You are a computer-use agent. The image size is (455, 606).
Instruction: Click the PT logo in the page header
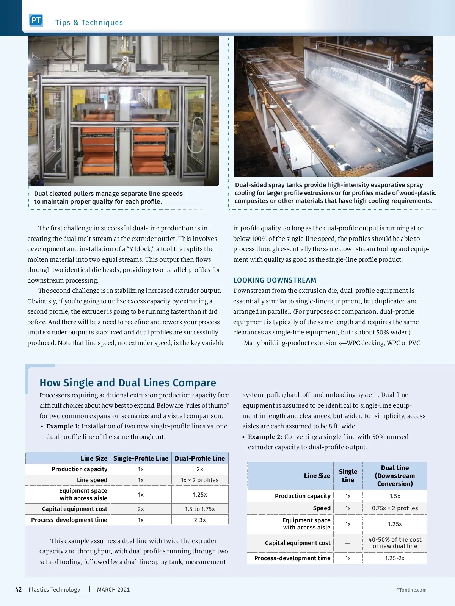(x=36, y=20)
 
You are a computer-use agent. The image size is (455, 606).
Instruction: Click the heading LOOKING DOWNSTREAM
(x=275, y=280)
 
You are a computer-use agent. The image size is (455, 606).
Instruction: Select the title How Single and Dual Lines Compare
(x=128, y=383)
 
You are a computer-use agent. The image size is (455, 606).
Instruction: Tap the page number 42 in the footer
(x=18, y=590)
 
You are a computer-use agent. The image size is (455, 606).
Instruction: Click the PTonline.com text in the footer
(x=411, y=590)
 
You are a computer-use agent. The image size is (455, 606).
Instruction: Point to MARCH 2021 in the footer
(x=113, y=590)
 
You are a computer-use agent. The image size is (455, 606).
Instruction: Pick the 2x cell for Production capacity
(x=200, y=469)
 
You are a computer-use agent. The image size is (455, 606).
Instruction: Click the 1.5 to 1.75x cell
(x=200, y=509)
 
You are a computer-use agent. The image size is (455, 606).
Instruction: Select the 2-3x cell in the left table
(x=200, y=520)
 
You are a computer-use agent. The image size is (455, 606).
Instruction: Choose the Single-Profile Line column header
(x=141, y=458)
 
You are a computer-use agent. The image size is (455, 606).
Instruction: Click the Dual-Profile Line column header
(x=200, y=458)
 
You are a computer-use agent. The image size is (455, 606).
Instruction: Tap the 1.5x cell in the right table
(x=395, y=496)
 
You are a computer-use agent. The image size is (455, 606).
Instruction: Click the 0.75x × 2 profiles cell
(x=395, y=508)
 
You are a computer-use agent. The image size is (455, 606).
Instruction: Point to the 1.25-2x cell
(x=395, y=558)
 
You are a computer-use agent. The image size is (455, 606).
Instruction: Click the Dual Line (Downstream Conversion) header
(x=395, y=476)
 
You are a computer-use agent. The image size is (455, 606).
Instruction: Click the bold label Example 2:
(x=265, y=437)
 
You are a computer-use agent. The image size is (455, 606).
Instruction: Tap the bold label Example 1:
(x=63, y=426)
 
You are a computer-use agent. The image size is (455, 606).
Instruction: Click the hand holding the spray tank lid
(x=424, y=82)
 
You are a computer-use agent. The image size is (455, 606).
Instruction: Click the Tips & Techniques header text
(x=89, y=23)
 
